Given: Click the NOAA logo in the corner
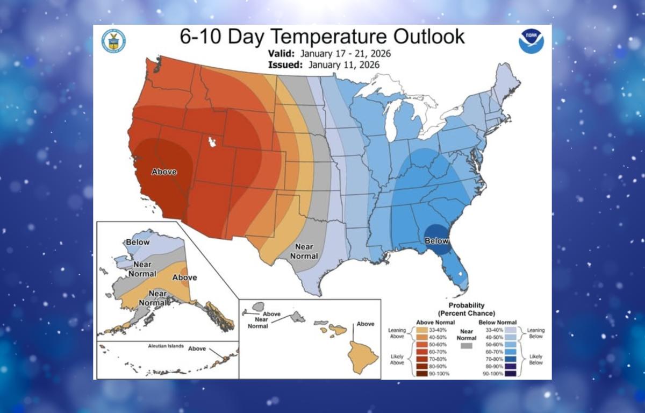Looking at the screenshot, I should (531, 41).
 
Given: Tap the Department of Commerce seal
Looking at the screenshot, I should (113, 41).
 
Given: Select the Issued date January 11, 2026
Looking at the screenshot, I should (344, 65).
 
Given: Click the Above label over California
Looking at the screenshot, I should (164, 172).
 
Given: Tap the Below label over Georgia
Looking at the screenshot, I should (436, 241).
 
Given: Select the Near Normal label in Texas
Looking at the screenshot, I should (304, 251).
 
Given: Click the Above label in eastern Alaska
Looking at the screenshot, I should (184, 277).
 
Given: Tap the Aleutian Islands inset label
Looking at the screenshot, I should (166, 346).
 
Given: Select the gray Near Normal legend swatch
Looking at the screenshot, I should (466, 347).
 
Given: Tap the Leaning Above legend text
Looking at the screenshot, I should (397, 333).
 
